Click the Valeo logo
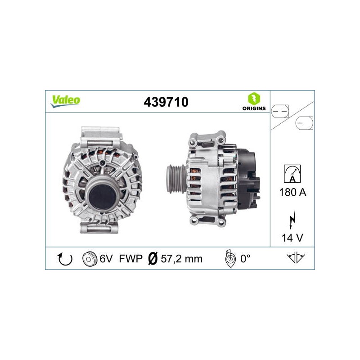click(65, 101)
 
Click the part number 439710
click(166, 102)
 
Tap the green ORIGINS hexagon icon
click(254, 99)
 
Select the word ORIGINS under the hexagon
click(254, 108)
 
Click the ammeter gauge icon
click(292, 174)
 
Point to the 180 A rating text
click(293, 192)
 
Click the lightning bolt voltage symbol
click(292, 219)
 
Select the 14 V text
click(292, 238)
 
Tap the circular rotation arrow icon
click(65, 259)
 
